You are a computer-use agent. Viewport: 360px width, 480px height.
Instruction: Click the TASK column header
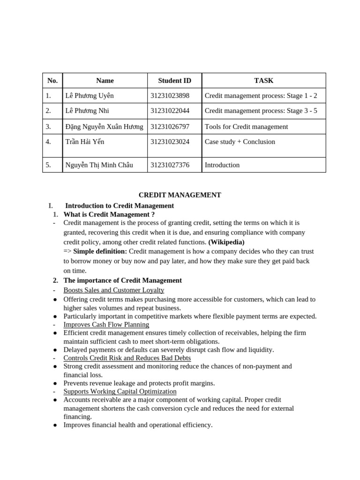click(263, 81)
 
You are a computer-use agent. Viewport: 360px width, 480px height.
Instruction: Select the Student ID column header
click(174, 81)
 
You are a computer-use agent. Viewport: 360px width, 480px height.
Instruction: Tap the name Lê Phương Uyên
click(90, 96)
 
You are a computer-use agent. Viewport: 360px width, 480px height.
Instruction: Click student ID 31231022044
click(170, 111)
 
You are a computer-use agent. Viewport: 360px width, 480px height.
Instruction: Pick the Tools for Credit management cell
click(246, 127)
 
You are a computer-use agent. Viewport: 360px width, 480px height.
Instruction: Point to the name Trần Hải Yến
click(85, 142)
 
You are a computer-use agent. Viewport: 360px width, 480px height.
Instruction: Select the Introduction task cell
click(222, 165)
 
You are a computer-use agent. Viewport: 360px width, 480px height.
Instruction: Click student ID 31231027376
click(170, 165)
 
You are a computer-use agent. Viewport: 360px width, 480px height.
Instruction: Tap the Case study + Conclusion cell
click(240, 142)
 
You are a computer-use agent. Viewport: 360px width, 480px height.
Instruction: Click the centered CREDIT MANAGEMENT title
click(180, 195)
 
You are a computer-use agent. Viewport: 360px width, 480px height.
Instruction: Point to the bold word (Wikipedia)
click(226, 242)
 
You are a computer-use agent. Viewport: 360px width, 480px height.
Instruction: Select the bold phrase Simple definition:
click(100, 251)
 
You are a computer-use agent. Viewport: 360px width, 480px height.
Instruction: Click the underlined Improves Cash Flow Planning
click(106, 324)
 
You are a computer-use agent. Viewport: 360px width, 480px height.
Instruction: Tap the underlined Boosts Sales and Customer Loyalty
click(114, 290)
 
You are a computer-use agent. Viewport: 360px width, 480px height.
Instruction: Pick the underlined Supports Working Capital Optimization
click(120, 391)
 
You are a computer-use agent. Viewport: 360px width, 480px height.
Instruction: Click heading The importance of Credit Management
click(122, 280)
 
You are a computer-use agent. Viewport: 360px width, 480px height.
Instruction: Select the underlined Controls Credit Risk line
click(127, 358)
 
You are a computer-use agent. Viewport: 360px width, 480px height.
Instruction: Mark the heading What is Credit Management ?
click(109, 214)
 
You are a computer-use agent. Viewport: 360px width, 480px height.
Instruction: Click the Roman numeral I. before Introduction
click(51, 205)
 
